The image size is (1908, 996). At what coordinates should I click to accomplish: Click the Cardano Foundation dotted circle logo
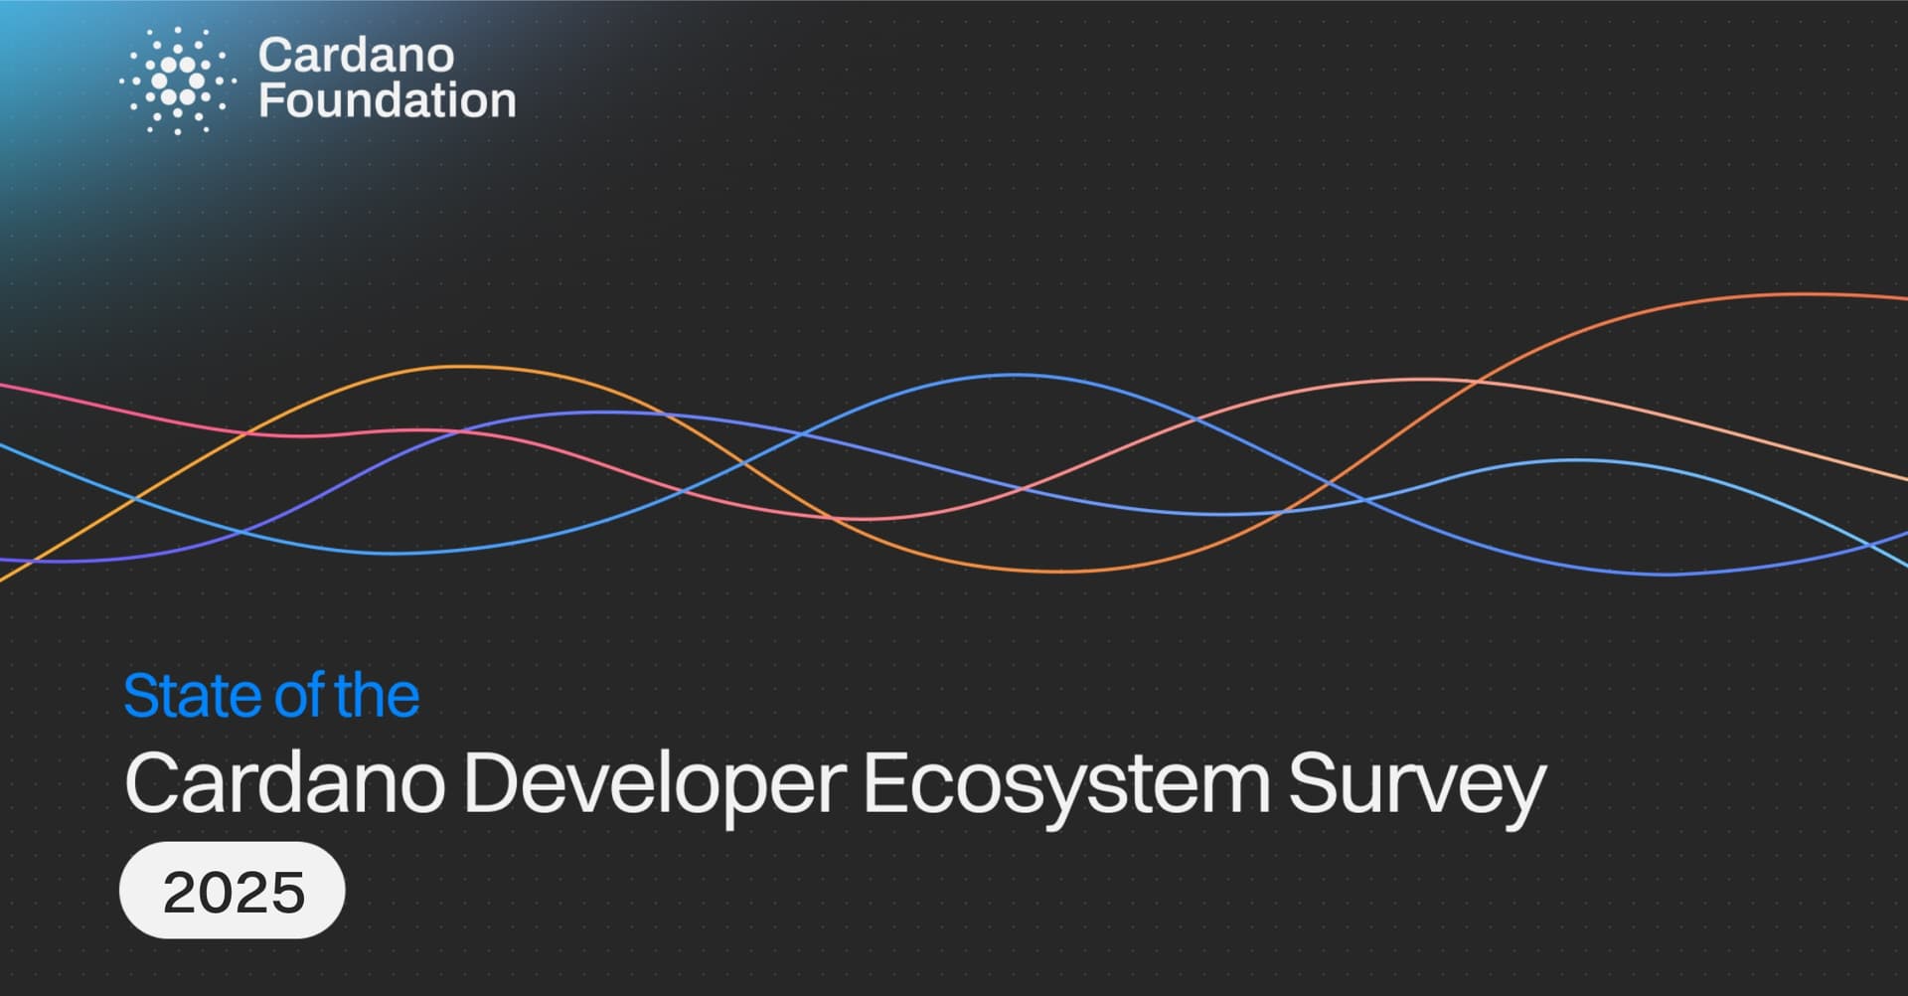pos(178,82)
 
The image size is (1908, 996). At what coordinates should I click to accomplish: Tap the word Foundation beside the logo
pos(388,100)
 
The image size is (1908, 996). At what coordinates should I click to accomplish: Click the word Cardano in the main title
pos(284,784)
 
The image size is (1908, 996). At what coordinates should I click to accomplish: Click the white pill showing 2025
pos(233,890)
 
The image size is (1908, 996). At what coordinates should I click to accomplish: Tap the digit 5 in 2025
pos(287,892)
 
